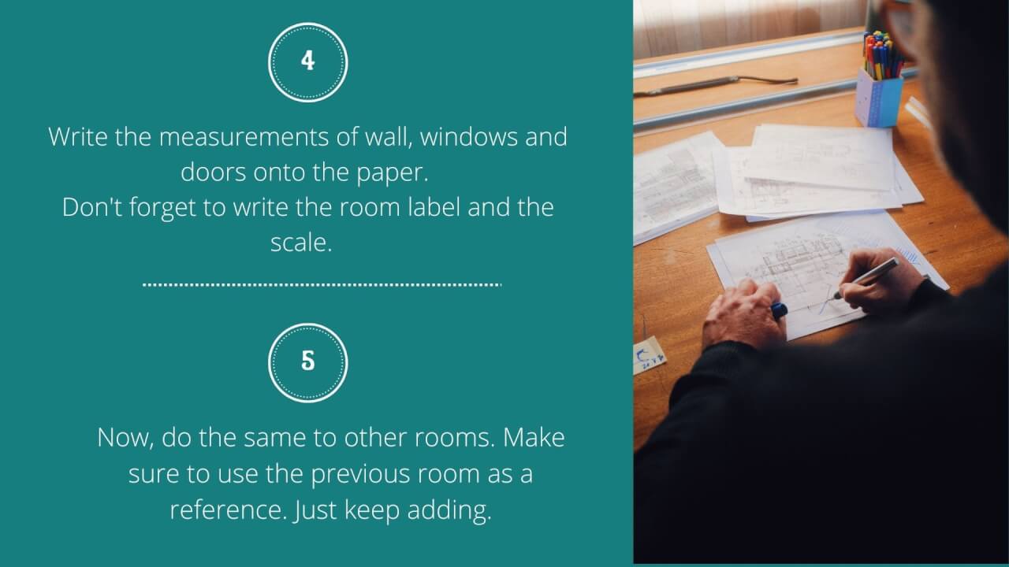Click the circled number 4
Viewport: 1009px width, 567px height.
click(x=307, y=61)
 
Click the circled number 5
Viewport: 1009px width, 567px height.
click(x=307, y=362)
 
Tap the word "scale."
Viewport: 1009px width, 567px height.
click(x=301, y=243)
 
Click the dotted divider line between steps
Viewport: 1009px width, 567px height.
click(x=322, y=284)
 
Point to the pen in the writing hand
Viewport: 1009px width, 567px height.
click(x=867, y=277)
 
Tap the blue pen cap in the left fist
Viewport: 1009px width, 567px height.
click(x=778, y=310)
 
